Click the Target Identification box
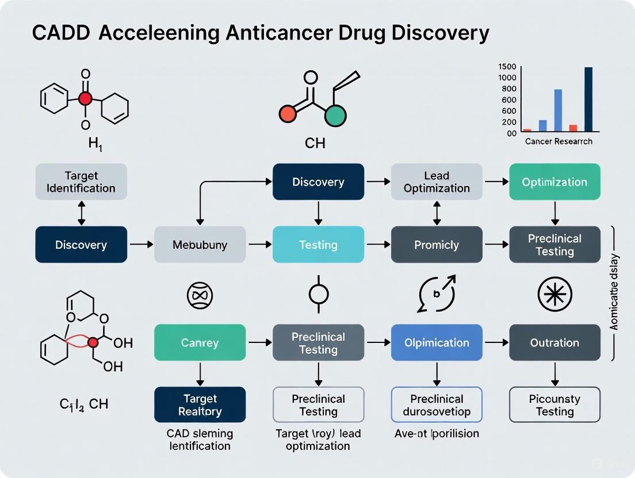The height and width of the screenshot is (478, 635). point(81,182)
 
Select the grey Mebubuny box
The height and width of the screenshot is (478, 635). point(200,245)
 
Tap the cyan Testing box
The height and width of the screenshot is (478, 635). point(318,245)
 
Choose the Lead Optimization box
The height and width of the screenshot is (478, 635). point(437,182)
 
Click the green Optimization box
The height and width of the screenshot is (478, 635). point(554,182)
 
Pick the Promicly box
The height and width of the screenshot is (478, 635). point(437,245)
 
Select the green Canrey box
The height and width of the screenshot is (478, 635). point(200,342)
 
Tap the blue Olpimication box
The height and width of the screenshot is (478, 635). point(437,342)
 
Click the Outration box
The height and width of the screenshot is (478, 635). point(554,342)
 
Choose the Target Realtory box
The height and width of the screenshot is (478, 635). point(200,404)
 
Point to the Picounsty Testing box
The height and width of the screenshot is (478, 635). point(554,404)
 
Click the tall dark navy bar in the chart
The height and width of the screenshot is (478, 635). point(588,99)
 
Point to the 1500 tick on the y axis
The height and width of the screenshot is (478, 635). point(507,66)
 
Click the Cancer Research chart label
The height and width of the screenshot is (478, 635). point(558,141)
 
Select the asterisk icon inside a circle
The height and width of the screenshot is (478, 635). point(554,294)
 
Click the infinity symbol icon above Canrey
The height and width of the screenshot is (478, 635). point(200,295)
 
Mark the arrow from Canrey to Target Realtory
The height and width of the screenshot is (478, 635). point(200,373)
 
